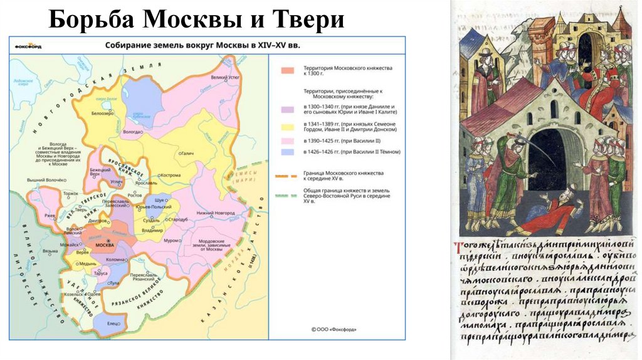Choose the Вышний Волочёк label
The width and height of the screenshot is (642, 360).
click(x=47, y=180)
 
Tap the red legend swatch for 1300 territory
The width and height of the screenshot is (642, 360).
click(x=288, y=71)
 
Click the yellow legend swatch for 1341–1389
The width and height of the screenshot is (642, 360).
click(x=288, y=127)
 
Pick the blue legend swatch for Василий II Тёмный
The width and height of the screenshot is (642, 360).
click(x=288, y=152)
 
